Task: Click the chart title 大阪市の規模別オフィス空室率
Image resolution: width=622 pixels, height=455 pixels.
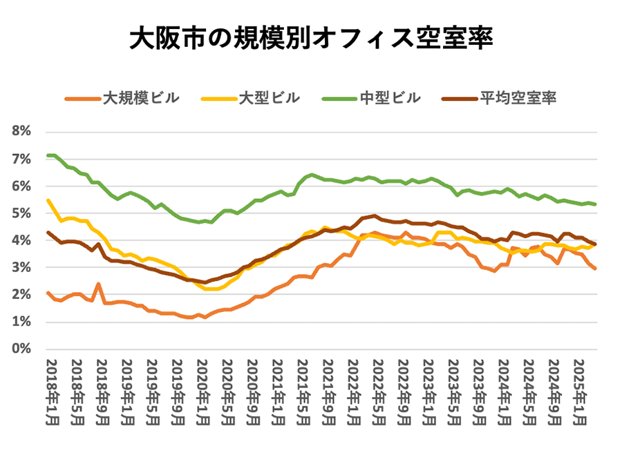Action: (310, 39)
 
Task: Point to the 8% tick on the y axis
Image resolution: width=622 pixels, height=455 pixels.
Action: (21, 132)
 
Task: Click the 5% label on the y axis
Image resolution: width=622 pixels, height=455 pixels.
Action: (21, 213)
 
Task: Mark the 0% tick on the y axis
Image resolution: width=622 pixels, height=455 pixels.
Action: (21, 349)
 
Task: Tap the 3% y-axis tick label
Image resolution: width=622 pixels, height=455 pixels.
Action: (21, 268)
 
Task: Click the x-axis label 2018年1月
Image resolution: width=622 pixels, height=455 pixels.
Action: (50, 391)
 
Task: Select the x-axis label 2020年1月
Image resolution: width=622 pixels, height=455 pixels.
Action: (202, 391)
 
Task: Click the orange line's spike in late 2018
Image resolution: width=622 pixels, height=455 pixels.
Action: (99, 284)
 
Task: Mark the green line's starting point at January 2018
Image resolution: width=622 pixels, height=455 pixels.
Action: (48, 155)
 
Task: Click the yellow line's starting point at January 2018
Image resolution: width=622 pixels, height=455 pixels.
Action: (48, 200)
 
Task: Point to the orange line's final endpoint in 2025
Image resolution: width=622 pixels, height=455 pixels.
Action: (596, 269)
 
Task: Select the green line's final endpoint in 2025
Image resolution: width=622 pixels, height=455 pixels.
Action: (596, 204)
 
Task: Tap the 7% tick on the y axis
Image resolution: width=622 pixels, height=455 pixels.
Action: (21, 159)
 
